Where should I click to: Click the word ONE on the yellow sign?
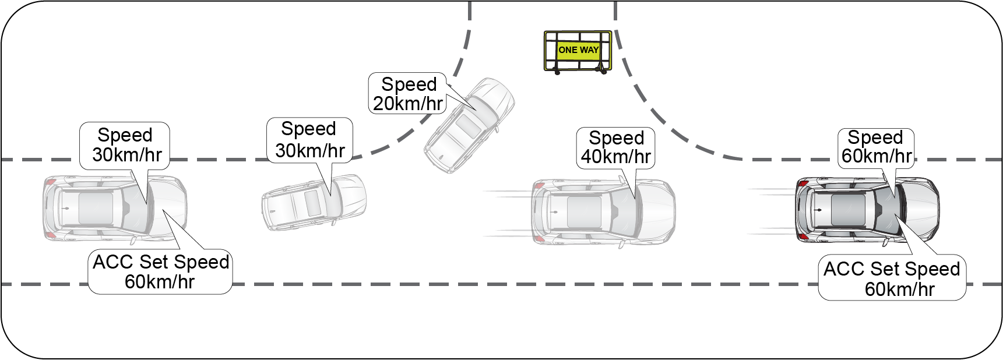tap(568, 50)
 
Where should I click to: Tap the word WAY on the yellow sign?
tap(589, 50)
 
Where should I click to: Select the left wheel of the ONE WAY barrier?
tap(557, 72)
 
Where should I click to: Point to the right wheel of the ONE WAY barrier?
tap(604, 71)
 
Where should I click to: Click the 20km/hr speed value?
tap(408, 104)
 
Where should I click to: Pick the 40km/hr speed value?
tap(615, 157)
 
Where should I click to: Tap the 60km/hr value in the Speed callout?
tap(876, 156)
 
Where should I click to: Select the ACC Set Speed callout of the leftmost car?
tap(160, 271)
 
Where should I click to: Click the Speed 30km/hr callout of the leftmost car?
tap(125, 146)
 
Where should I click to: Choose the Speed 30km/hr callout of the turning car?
tap(309, 140)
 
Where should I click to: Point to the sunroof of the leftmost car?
tap(96, 208)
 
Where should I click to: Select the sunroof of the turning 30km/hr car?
tap(312, 202)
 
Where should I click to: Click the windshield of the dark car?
tap(889, 210)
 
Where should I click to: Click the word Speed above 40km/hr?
tap(616, 138)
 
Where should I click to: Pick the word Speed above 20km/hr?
tap(409, 84)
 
